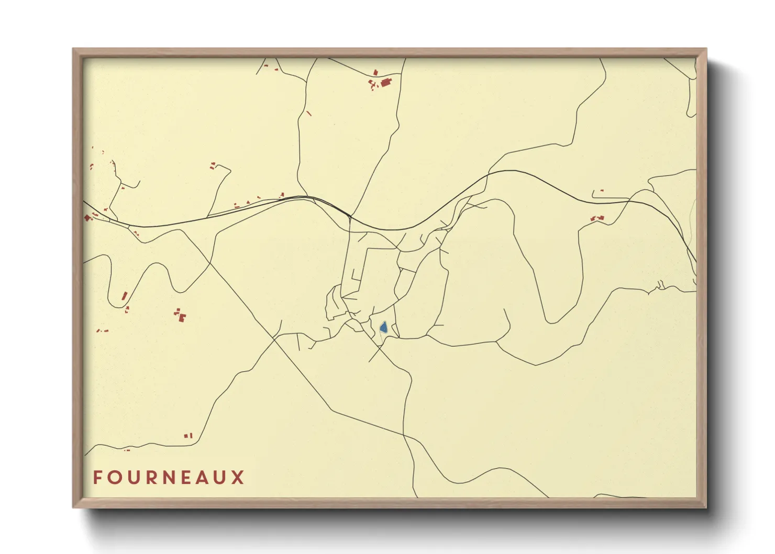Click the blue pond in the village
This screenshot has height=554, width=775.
383,328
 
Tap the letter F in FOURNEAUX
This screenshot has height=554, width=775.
97,478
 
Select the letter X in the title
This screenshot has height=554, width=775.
238,478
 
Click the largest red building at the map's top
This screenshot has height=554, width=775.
386,82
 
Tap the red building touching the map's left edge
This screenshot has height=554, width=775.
87,217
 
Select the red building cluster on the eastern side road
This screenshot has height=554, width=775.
597,217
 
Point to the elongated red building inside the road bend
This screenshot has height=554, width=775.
125,296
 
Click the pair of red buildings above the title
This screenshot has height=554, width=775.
189,435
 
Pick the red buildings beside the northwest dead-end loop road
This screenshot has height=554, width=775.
213,166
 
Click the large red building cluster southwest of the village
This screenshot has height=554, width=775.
181,315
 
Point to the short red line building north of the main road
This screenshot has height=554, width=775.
308,113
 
